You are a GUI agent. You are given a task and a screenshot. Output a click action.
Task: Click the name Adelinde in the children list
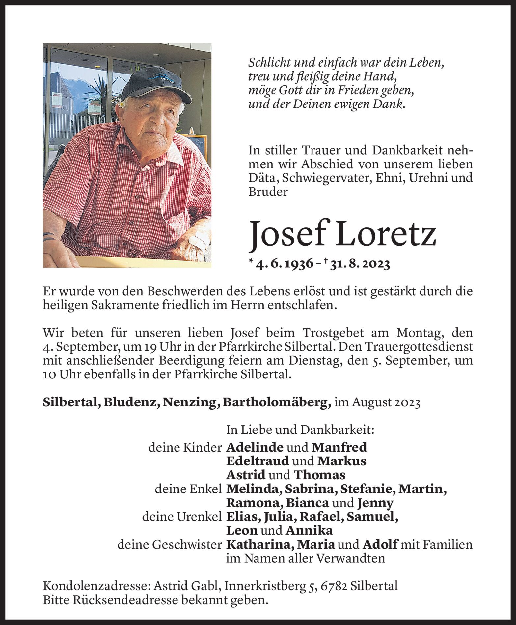pos(255,447)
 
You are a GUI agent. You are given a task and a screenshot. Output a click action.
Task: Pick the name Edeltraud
pos(257,461)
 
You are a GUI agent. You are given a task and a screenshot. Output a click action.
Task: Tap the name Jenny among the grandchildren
pos(375,503)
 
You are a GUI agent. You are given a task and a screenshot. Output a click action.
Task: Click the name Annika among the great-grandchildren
pos(309,530)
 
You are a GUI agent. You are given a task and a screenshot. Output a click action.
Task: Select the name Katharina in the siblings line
pos(260,544)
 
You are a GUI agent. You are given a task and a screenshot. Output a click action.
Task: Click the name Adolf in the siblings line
pos(380,544)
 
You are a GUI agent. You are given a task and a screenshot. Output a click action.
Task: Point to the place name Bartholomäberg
pos(277,403)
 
